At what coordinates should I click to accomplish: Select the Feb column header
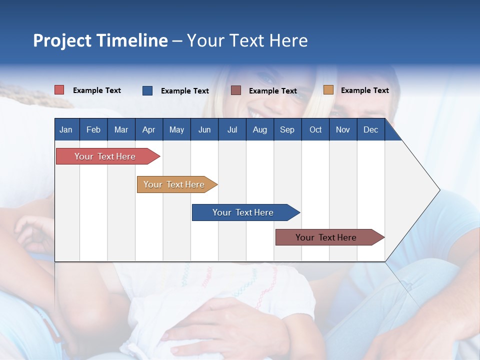coord(93,129)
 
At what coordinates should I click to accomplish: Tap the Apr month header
coord(149,129)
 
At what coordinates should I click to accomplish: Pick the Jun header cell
coord(204,129)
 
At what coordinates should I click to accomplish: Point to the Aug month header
coord(260,129)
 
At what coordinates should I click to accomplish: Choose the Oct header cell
coord(315,129)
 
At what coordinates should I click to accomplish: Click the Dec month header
coord(370,129)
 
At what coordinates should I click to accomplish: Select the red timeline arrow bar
coord(108,156)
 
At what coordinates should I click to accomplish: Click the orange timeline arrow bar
coord(177,184)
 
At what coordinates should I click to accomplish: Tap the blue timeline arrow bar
coord(246,212)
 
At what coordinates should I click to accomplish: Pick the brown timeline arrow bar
coord(330,237)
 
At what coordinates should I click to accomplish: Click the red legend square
coord(59,89)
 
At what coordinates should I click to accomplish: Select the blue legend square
coord(147,90)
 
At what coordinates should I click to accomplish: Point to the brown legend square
coord(235,90)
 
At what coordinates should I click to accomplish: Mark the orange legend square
coord(328,89)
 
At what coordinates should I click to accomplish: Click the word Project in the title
coord(62,41)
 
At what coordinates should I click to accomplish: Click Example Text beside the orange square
coord(365,90)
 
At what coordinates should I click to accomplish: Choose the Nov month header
coord(343,129)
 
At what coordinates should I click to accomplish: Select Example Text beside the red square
coord(96,90)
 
